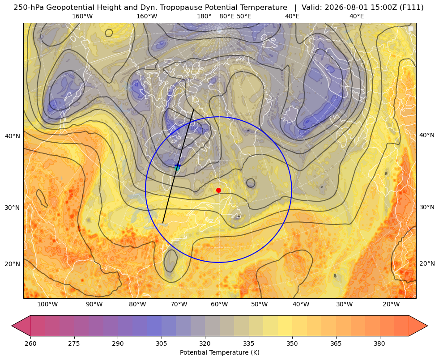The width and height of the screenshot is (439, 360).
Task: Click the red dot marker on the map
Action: pyautogui.click(x=218, y=190)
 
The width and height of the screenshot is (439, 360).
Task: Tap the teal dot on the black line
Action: pyautogui.click(x=177, y=168)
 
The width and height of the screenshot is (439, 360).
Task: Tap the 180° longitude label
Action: pyautogui.click(x=204, y=16)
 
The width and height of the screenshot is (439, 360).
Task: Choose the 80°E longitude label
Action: pyautogui.click(x=227, y=16)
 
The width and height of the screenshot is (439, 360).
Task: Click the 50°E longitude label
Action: pyautogui.click(x=244, y=16)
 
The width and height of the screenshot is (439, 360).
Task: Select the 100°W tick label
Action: pyautogui.click(x=47, y=305)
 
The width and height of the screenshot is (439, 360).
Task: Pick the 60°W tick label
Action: pyautogui.click(x=219, y=305)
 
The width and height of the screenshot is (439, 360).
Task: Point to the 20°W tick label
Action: pyautogui.click(x=391, y=305)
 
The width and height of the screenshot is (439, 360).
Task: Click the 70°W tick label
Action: pyautogui.click(x=179, y=305)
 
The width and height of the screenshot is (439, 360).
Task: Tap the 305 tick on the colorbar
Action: pyautogui.click(x=162, y=343)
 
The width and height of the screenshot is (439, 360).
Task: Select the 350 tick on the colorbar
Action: pyautogui.click(x=292, y=343)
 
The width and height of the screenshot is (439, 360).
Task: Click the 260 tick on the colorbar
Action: pyautogui.click(x=30, y=343)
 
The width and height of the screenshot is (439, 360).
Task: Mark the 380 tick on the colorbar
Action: pyautogui.click(x=379, y=343)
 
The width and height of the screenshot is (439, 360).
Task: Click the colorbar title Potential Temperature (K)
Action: pyautogui.click(x=219, y=352)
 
